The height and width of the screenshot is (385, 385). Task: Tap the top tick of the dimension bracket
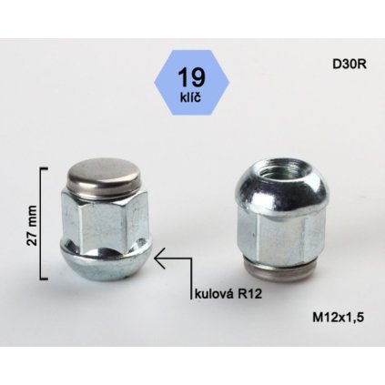coord(47,169)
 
